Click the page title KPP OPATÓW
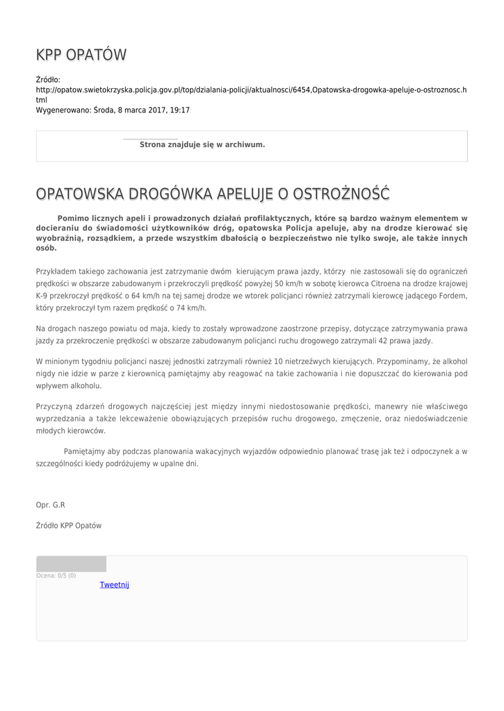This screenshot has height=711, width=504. [81, 55]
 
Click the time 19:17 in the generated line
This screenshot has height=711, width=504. [180, 110]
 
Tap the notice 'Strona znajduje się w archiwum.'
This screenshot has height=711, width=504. [202, 144]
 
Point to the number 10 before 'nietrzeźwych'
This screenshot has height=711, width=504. [279, 361]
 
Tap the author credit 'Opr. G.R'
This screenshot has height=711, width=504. [50, 505]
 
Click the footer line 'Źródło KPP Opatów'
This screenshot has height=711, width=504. [69, 526]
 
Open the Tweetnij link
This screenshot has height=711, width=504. [115, 585]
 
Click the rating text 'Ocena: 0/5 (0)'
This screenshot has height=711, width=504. [56, 576]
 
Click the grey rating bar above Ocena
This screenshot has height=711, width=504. [71, 564]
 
